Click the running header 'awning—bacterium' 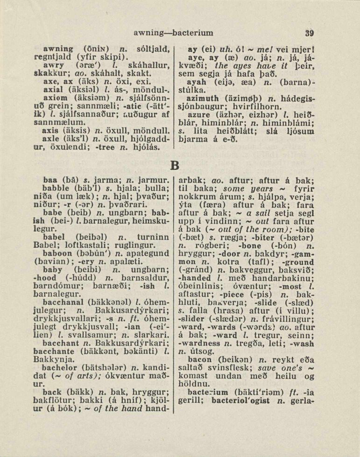pos(173,33)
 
